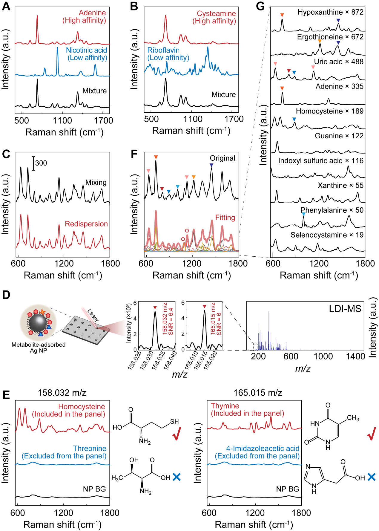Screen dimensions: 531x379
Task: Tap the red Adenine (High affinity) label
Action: pyautogui.click(x=85, y=17)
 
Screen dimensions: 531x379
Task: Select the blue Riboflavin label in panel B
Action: pyautogui.click(x=163, y=50)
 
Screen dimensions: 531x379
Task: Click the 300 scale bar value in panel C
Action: pyautogui.click(x=41, y=163)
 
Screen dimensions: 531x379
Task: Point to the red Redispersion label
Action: pyautogui.click(x=86, y=224)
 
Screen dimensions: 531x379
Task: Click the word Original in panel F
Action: pyautogui.click(x=222, y=158)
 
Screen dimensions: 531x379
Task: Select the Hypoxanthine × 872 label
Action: pyautogui.click(x=330, y=12)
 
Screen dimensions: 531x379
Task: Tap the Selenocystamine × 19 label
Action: pyautogui.click(x=327, y=235)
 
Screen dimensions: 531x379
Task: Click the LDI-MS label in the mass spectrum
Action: pyautogui.click(x=345, y=309)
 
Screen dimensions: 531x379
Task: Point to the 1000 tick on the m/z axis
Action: pyautogui.click(x=323, y=356)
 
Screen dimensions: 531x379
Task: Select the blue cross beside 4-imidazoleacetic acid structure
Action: pyautogui.click(x=371, y=477)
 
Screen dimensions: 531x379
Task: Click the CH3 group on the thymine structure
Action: pyautogui.click(x=353, y=418)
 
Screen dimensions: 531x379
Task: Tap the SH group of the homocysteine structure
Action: pyautogui.click(x=174, y=421)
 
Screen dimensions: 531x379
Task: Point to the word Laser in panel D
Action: pyautogui.click(x=93, y=315)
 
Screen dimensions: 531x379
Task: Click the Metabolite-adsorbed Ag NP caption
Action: pyautogui.click(x=39, y=347)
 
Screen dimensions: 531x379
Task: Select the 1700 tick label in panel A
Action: pyautogui.click(x=103, y=121)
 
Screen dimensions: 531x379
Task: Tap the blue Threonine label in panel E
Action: pyautogui.click(x=90, y=449)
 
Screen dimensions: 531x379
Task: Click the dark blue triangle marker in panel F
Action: pyautogui.click(x=211, y=165)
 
